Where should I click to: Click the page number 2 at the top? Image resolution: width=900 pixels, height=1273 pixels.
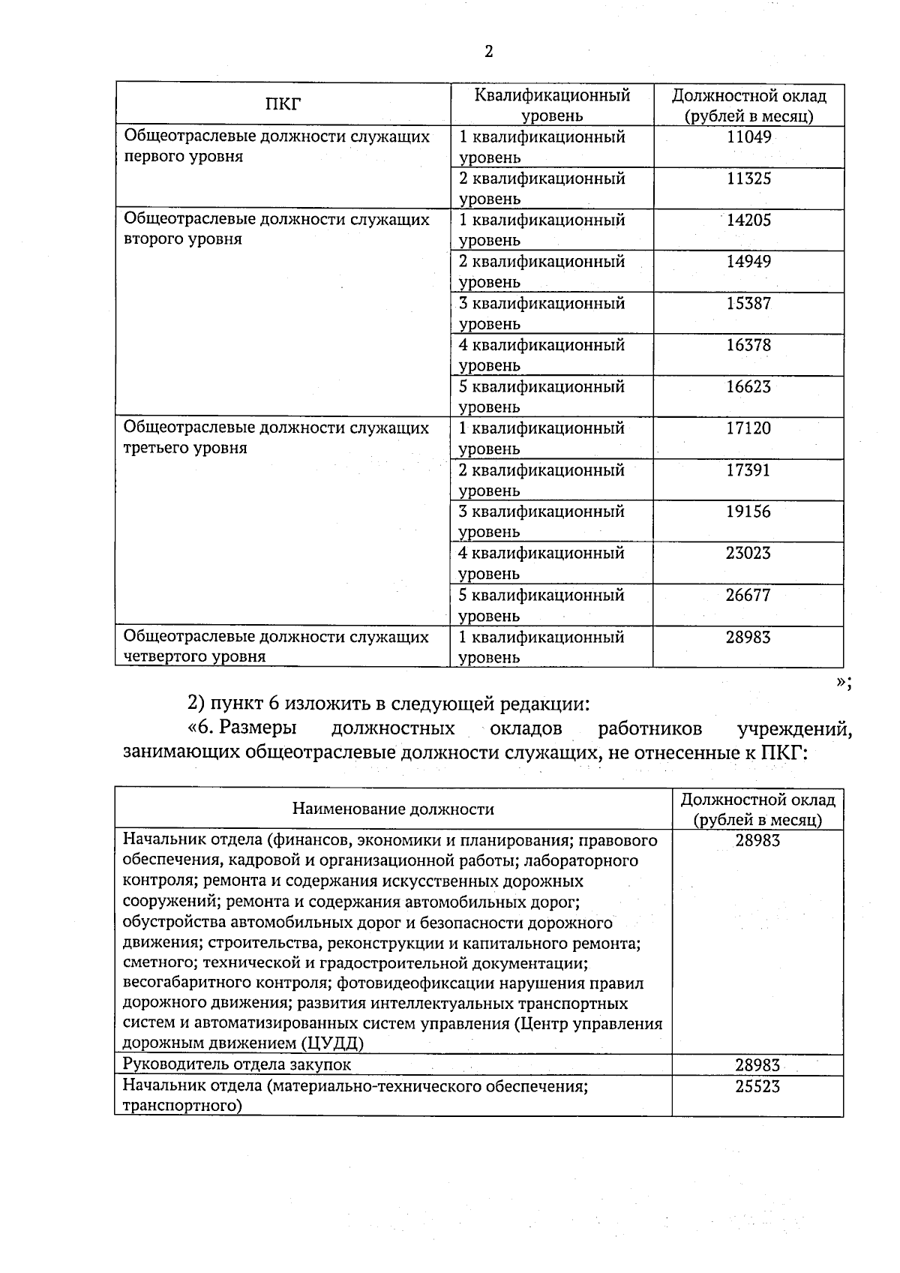tap(489, 51)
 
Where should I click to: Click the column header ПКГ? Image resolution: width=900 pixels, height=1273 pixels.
tap(283, 104)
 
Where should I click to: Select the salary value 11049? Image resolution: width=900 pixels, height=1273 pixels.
tap(748, 137)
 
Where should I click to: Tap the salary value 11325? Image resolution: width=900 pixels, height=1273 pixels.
tap(748, 179)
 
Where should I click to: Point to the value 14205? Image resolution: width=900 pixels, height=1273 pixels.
tap(748, 220)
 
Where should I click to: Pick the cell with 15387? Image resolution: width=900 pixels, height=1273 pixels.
tap(748, 303)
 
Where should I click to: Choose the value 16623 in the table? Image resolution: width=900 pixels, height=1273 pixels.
tap(748, 386)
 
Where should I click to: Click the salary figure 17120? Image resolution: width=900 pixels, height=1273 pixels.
tap(748, 428)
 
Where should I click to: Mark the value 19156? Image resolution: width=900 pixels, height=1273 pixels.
tap(748, 512)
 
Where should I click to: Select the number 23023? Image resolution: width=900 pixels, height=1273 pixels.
tap(748, 553)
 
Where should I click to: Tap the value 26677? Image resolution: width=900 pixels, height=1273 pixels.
tap(748, 595)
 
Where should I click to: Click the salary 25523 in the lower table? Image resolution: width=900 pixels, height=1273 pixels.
tap(757, 1085)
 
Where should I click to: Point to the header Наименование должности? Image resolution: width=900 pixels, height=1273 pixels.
tap(393, 809)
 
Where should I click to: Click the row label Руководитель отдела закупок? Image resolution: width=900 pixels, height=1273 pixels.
tap(236, 1064)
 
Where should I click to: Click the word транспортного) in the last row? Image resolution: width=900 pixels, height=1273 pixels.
tap(182, 1106)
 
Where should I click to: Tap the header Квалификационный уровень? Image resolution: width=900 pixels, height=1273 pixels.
tap(552, 105)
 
